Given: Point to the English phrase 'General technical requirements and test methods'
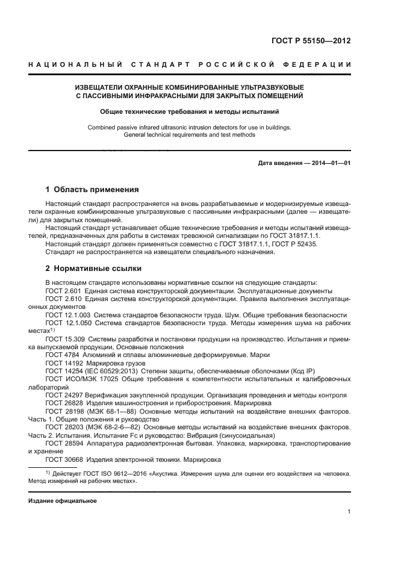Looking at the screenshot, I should tap(189, 135).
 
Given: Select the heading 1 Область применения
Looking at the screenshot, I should tap(92, 189).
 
